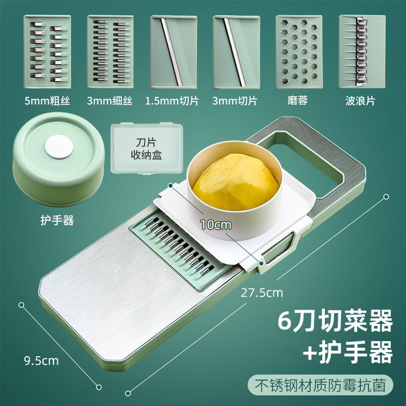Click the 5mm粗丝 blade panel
pos(47,52)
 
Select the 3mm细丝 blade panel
pos(110,52)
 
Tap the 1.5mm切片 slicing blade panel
pos(173,52)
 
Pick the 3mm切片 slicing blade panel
pos(236,52)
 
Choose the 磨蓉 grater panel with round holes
pos(299,52)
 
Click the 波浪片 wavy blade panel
pos(362,51)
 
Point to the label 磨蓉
pos(298,101)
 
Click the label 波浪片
pos(360,101)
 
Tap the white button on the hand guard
pos(59,147)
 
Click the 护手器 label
pos(57,220)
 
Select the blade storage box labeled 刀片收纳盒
pos(147,148)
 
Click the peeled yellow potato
pos(236,182)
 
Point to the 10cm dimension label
pos(215,225)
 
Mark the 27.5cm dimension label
pos(262,293)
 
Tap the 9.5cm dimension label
pos(42,361)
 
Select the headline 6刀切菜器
pos(335,321)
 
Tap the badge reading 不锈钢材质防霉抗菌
pos(320,385)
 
